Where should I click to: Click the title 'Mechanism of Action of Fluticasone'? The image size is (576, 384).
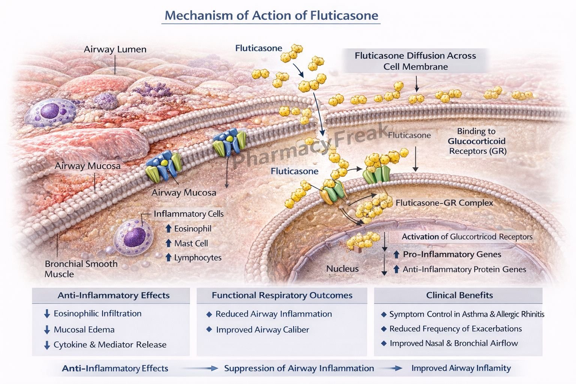271,15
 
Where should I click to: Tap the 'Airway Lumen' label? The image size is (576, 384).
115,49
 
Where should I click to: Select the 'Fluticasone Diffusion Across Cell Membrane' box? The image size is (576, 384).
415,61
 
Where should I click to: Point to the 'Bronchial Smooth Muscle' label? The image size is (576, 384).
81,269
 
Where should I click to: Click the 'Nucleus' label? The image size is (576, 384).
342,268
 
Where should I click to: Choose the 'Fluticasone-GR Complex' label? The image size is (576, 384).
444,203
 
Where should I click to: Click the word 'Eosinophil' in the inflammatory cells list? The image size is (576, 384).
192,229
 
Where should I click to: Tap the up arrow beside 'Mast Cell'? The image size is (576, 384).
168,243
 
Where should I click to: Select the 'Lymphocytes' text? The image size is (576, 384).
198,258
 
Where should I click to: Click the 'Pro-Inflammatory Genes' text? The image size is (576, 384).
452,254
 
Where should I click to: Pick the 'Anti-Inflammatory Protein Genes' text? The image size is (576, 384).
464,269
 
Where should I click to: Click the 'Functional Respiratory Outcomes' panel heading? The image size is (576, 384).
282,295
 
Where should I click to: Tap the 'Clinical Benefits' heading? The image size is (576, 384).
459,295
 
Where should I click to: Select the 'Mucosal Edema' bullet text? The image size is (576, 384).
84,330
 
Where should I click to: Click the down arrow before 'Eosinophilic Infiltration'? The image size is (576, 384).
47,314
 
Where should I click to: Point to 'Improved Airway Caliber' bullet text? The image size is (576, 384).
262,330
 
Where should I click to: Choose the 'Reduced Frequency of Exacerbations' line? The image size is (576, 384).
455,329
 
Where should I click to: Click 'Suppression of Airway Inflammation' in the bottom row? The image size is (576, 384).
299,368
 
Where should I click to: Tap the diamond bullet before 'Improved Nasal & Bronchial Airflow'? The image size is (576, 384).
384,343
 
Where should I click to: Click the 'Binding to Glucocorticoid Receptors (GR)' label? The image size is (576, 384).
477,141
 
